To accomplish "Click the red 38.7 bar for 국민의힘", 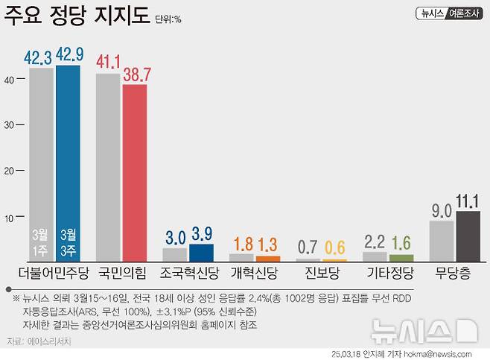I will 135,171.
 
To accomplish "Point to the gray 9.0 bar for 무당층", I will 441,241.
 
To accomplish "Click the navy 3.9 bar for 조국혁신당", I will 201,253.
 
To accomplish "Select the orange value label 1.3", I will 268,244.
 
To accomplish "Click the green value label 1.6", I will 401,242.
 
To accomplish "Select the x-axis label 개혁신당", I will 255,272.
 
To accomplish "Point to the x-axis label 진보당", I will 322,272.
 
